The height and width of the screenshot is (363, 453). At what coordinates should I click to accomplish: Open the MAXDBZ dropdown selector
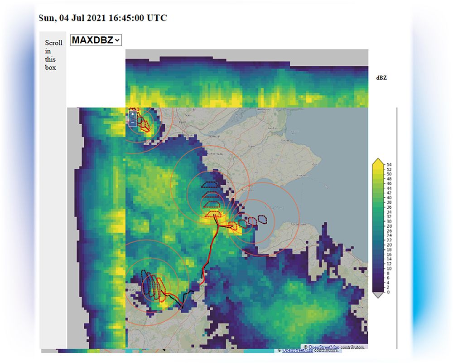[x=96, y=40]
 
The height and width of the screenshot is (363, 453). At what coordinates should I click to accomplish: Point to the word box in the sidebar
[x=50, y=67]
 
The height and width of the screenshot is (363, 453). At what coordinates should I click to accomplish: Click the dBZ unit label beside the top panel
[x=381, y=78]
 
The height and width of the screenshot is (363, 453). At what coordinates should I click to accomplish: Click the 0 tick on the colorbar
[x=386, y=292]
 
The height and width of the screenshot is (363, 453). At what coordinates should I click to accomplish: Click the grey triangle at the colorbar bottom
[x=377, y=295]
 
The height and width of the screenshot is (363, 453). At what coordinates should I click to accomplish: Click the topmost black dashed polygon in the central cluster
[x=209, y=185]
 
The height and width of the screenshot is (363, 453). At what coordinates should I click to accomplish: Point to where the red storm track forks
[x=218, y=225]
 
